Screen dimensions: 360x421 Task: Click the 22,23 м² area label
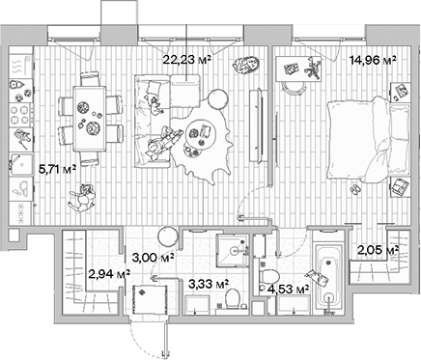click(186, 60)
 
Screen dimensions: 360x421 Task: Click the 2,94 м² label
click(107, 275)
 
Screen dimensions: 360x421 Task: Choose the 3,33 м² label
click(208, 284)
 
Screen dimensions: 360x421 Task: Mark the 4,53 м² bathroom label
click(290, 287)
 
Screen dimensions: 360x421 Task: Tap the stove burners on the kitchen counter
click(18, 116)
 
